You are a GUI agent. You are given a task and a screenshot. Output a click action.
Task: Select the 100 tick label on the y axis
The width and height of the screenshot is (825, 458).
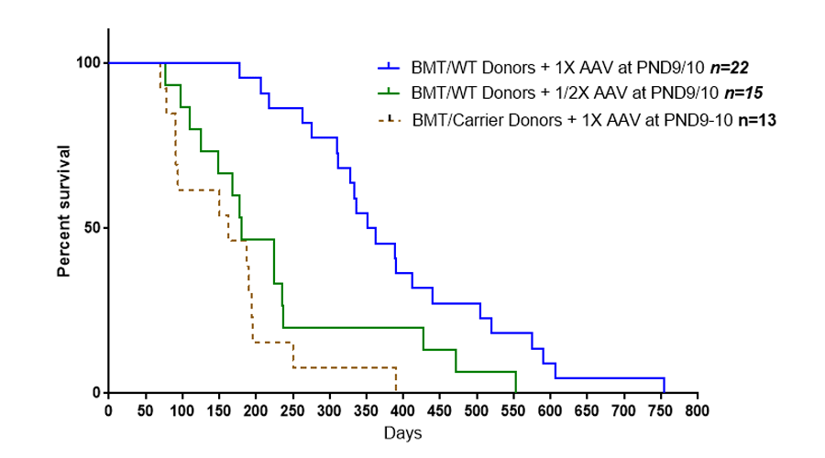click(x=88, y=62)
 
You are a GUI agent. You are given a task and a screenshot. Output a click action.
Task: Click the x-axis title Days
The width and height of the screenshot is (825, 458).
click(x=402, y=431)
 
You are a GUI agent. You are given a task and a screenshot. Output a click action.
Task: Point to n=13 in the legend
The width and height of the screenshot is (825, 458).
click(x=755, y=119)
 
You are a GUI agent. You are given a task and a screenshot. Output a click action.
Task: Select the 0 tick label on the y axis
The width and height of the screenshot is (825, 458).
click(x=96, y=393)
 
